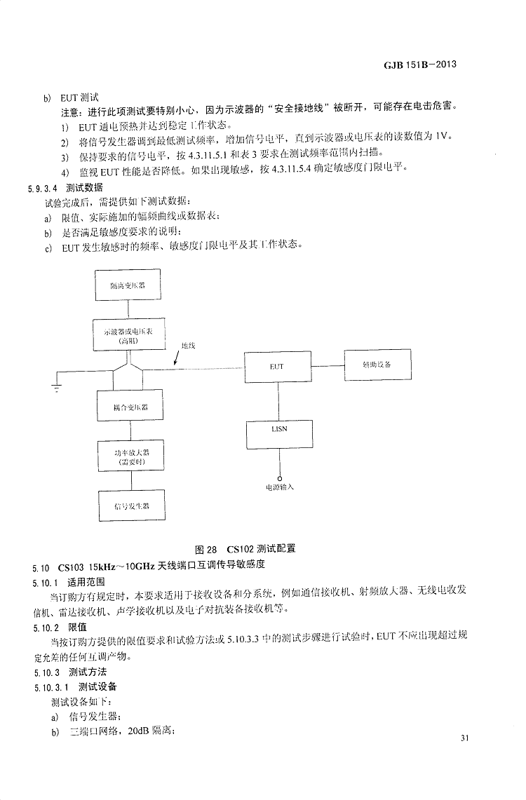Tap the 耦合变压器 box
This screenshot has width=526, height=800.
click(x=129, y=406)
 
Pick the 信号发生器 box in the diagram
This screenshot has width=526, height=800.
click(x=129, y=505)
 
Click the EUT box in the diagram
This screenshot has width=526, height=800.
click(x=276, y=366)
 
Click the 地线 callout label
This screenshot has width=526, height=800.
click(x=188, y=345)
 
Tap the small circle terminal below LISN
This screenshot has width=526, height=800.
click(x=279, y=477)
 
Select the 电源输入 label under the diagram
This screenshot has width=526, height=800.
click(x=279, y=487)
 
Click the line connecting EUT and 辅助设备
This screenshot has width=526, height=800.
click(x=327, y=365)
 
